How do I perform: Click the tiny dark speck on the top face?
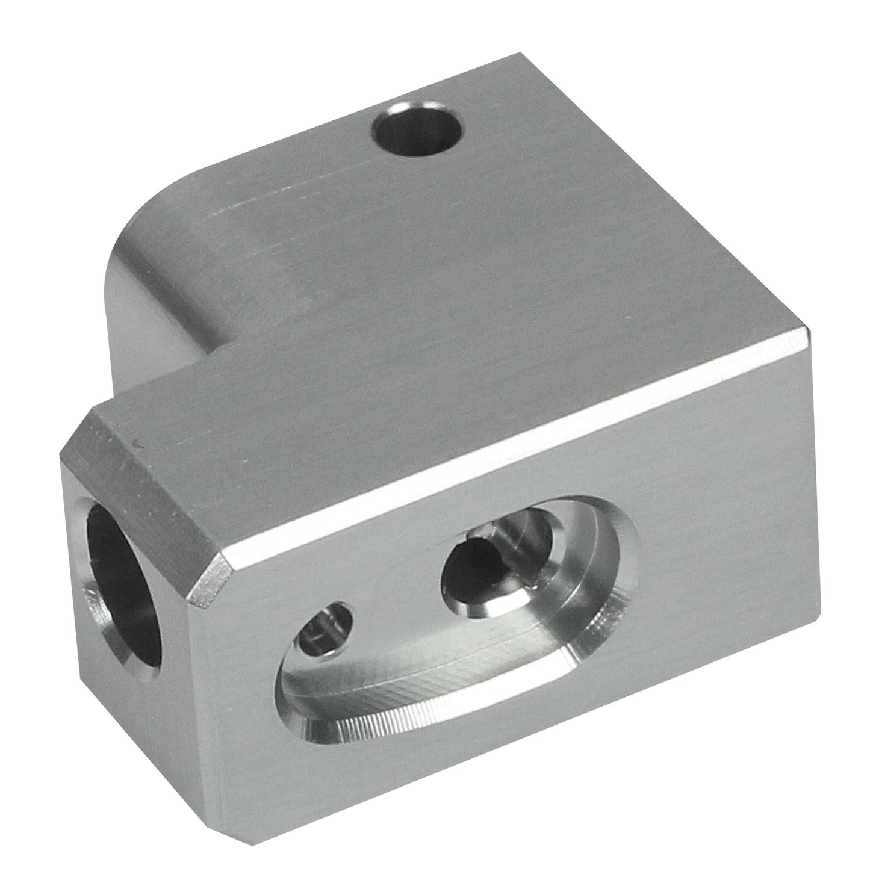click(x=140, y=445)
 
